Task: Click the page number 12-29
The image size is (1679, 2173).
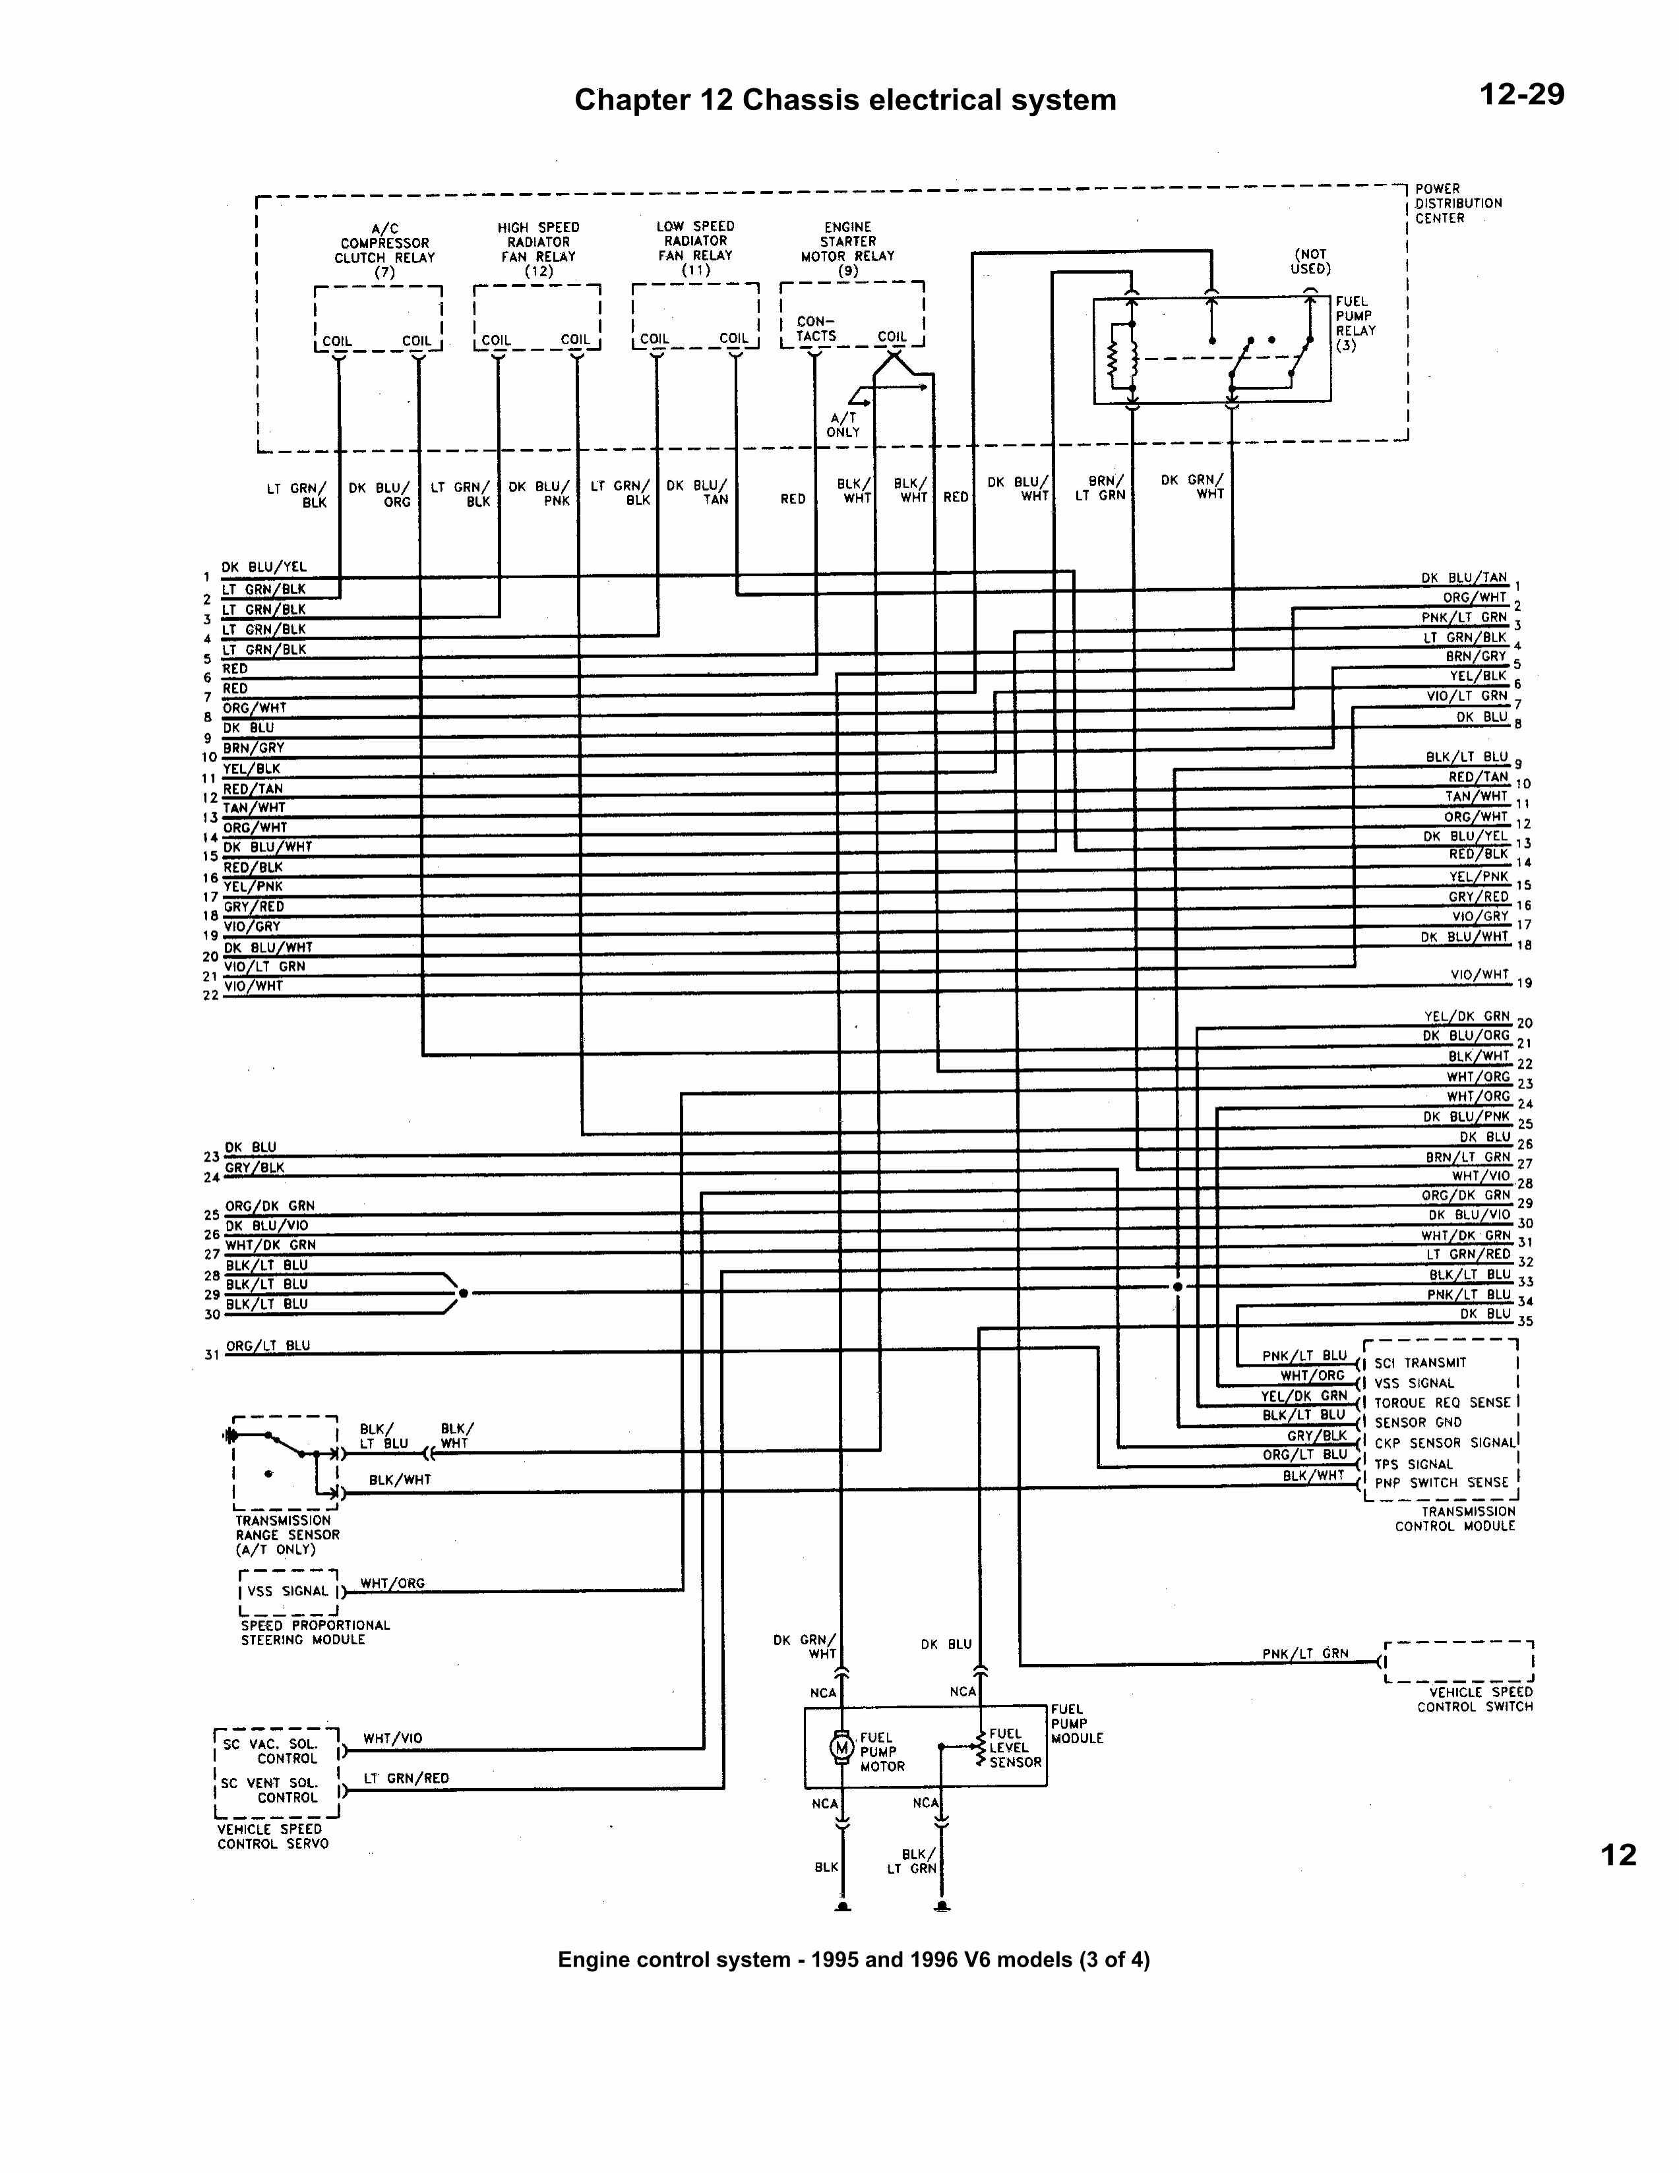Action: [1521, 94]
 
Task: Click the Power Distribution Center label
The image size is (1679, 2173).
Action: [1457, 203]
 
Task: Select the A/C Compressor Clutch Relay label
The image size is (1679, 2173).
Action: [384, 250]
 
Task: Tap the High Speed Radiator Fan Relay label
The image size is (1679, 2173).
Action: [537, 249]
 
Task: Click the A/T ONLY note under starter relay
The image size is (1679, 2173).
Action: [843, 425]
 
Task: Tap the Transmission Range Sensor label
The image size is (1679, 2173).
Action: [287, 1534]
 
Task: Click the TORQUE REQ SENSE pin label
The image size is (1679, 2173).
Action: [1442, 1402]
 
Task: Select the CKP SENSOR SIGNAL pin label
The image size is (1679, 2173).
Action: [1445, 1443]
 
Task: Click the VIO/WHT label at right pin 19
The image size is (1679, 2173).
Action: [1479, 974]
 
